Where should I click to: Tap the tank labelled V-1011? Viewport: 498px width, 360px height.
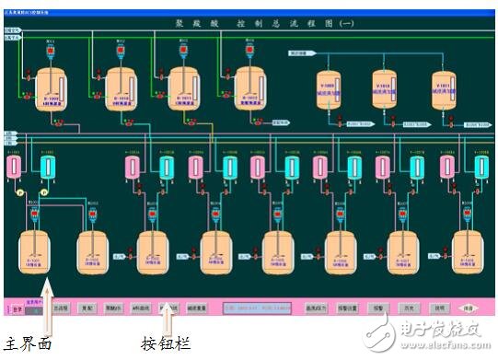coord(445,89)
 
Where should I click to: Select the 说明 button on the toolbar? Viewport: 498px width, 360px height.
coord(440,308)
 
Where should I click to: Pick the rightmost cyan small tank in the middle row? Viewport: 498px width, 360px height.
coord(480,167)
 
